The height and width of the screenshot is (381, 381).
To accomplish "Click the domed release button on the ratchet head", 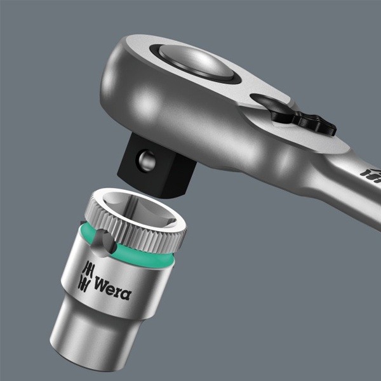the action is point(195,62).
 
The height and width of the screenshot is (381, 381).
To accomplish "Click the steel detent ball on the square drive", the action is point(147,161).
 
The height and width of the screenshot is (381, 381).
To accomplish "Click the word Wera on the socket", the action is point(113,288).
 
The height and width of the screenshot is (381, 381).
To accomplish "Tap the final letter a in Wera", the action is point(126,294).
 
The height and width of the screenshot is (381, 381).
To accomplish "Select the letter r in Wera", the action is point(119,291).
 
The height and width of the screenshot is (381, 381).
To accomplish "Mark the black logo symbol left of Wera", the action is point(85,277).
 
